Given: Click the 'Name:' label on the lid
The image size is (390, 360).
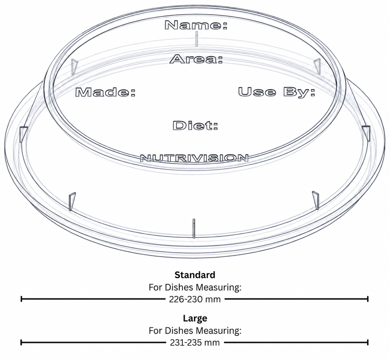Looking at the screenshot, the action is coord(196,25).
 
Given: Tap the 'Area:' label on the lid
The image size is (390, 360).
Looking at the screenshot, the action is coord(196,59).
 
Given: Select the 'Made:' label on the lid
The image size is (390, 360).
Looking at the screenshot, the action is coord(105,92).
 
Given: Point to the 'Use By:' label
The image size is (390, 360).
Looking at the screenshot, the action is coord(277,92).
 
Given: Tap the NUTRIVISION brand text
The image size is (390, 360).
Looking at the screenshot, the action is coord(194,158).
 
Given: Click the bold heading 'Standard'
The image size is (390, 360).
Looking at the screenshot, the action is coord(195,275).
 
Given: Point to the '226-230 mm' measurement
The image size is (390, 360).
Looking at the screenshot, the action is coord(195,299).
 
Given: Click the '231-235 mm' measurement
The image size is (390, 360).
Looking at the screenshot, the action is coord(195,343).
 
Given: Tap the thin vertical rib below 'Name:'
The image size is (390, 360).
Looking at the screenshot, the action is coord(197,39).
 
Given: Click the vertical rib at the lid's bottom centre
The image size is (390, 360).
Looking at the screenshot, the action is coord(194,229).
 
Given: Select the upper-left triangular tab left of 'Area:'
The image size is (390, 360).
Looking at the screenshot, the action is coord(74,67).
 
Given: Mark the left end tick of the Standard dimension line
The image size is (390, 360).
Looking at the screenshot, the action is coord(22,299).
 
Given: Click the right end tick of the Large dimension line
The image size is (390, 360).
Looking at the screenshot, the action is coord(368,342).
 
